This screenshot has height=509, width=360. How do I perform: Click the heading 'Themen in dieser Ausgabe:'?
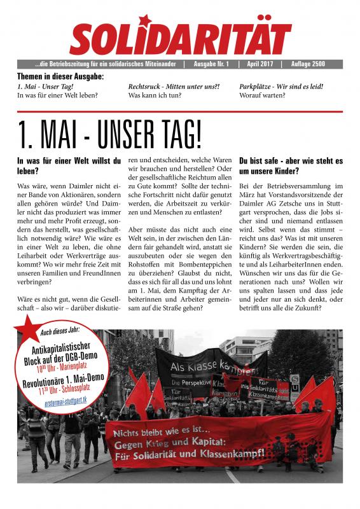point(60,76)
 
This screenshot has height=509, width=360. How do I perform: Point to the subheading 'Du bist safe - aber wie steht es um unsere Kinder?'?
point(291,166)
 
